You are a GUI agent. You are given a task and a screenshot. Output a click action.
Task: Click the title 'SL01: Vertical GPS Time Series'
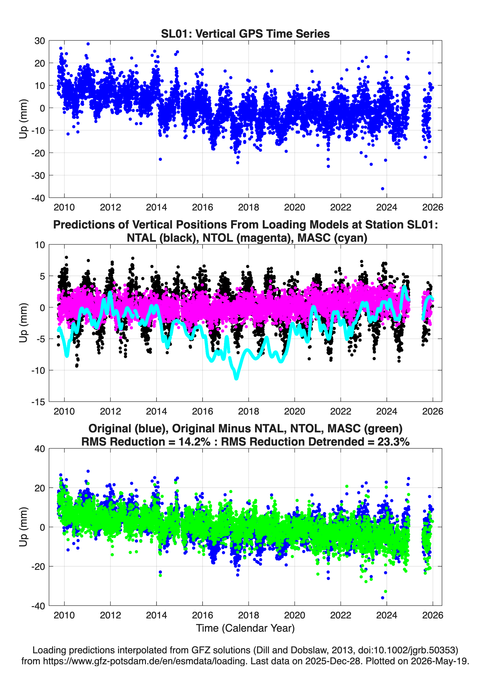coord(245,34)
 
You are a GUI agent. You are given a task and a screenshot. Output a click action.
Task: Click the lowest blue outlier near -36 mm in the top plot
coord(382,189)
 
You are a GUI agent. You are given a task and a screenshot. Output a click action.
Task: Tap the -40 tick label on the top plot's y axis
coord(38,198)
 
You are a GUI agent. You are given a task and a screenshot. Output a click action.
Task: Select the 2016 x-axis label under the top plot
coord(202,207)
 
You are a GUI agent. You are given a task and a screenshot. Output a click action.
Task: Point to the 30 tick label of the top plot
coord(40,41)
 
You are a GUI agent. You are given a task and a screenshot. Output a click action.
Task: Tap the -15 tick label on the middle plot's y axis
coord(38,402)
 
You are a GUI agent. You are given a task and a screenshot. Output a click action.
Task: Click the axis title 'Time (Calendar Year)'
coord(245,628)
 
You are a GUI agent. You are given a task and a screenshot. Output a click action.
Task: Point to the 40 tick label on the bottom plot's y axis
coord(40,449)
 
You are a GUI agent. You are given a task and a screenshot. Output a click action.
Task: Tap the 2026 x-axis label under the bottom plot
coord(433,615)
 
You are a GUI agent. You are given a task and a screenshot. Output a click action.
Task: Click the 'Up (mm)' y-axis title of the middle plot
coord(23,323)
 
